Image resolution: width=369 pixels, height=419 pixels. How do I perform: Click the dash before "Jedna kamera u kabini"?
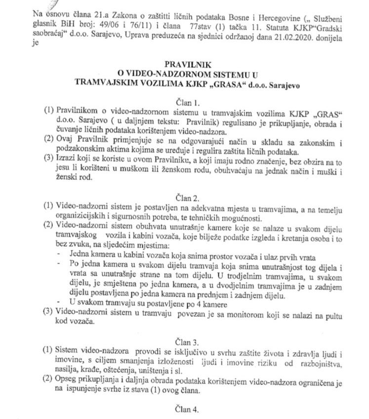coord(59,255)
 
